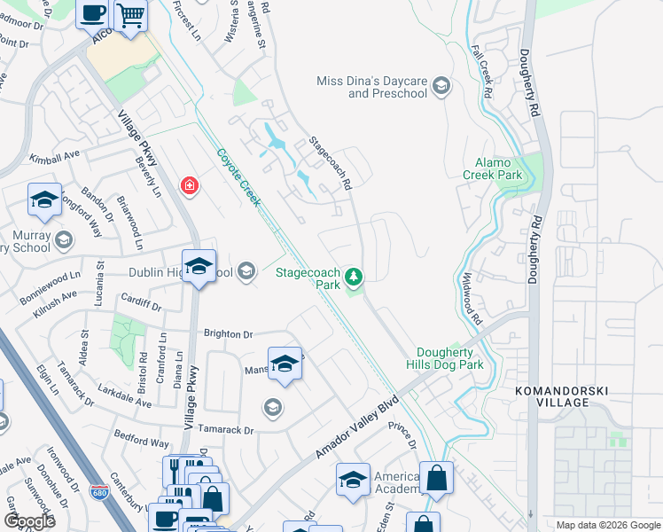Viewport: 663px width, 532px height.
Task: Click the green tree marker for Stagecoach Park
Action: pos(355,278)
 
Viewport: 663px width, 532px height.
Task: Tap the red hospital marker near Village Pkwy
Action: pos(189,185)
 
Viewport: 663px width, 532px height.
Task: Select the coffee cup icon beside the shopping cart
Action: pos(93,14)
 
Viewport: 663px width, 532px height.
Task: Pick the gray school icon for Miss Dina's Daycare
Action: pos(441,87)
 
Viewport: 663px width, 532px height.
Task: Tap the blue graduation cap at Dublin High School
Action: pos(199,266)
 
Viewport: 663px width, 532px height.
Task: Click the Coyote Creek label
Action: pos(239,177)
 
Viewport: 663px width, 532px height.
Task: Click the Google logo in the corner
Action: pos(29,521)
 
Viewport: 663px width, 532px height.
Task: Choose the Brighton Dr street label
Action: pos(228,334)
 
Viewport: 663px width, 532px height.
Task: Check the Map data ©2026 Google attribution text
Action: pos(607,525)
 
